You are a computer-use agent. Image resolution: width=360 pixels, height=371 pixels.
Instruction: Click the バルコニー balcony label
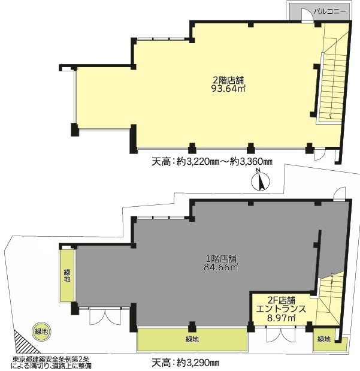pyautogui.click(x=329, y=11)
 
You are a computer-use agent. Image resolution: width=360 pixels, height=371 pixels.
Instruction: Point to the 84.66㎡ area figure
pyautogui.click(x=220, y=267)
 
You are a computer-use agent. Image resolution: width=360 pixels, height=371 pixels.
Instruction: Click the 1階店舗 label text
pyautogui.click(x=221, y=258)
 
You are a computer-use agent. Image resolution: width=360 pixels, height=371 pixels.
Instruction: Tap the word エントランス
pyautogui.click(x=282, y=309)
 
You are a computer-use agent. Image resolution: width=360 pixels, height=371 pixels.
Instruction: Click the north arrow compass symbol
pyautogui.click(x=261, y=182)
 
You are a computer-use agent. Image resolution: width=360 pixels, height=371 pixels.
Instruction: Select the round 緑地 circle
pyautogui.click(x=41, y=331)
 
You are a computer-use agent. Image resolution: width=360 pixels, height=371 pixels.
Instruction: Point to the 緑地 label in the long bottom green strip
pyautogui.click(x=192, y=339)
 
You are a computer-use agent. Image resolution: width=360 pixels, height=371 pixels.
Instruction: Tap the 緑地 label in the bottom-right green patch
pyautogui.click(x=324, y=339)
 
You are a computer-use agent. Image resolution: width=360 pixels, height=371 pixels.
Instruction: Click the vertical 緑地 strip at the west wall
pyautogui.click(x=67, y=276)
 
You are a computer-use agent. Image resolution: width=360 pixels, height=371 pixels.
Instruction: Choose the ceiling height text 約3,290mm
pyautogui.click(x=198, y=363)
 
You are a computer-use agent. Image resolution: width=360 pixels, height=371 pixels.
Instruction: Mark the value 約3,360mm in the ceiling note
pyautogui.click(x=252, y=162)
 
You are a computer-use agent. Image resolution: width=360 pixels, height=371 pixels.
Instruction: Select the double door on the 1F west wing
pyautogui.click(x=105, y=316)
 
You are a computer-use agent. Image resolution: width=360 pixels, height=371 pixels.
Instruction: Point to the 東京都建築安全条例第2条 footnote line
pyautogui.click(x=51, y=359)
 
